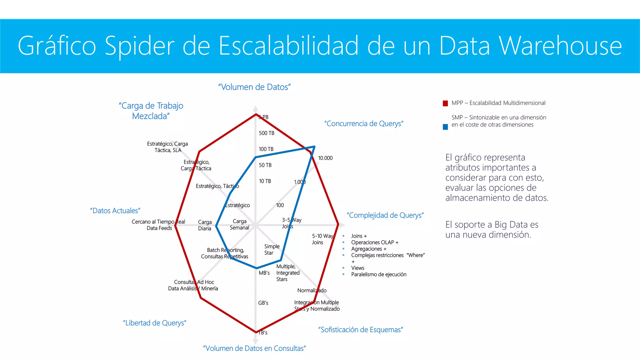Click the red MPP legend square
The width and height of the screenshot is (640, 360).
(x=445, y=103)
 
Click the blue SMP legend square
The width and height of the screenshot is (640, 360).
(x=445, y=127)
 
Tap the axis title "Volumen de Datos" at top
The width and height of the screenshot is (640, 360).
(x=254, y=87)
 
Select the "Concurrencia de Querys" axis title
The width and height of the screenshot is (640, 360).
(x=364, y=124)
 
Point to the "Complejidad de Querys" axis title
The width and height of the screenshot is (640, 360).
(x=385, y=215)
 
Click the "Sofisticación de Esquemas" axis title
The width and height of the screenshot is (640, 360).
(x=361, y=330)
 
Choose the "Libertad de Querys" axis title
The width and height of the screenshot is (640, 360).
(x=155, y=323)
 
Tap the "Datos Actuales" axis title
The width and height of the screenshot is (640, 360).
(x=115, y=211)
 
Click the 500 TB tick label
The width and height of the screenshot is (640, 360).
(x=267, y=133)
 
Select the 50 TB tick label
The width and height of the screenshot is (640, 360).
(x=265, y=165)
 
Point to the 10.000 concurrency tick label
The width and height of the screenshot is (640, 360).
(x=325, y=158)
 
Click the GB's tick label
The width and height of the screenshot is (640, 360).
(x=263, y=303)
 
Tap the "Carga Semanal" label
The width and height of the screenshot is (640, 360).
(x=239, y=224)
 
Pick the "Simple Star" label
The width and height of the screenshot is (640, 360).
(x=272, y=249)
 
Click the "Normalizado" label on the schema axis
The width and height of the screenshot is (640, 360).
(x=312, y=290)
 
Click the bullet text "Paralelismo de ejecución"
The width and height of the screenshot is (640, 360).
(x=379, y=274)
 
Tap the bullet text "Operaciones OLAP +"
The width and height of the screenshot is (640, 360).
(x=375, y=242)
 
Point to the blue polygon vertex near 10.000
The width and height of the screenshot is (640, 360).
(x=314, y=146)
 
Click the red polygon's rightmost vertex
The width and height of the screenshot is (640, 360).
(x=338, y=224)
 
